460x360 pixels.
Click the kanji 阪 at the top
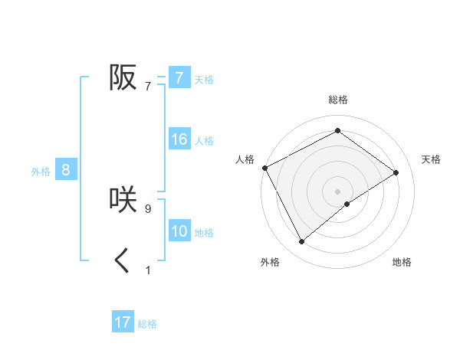(x=123, y=77)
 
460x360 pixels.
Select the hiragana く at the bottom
(x=123, y=261)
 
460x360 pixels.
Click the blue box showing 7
(x=179, y=77)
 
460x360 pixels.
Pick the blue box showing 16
(x=179, y=139)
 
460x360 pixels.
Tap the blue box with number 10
(x=179, y=231)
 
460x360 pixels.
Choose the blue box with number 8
(x=66, y=170)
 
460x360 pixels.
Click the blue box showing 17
(x=123, y=322)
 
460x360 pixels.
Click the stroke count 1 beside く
(x=148, y=270)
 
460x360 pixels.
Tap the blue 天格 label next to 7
(x=204, y=79)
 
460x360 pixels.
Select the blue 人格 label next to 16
(x=204, y=141)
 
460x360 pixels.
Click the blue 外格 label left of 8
(x=41, y=172)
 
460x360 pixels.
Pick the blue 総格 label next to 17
(x=147, y=324)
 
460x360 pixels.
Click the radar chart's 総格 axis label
(x=337, y=100)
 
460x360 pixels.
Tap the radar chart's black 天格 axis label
(x=431, y=159)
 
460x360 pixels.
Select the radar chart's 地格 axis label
(x=402, y=262)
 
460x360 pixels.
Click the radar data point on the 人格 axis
(x=264, y=167)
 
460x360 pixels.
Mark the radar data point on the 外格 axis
(x=301, y=242)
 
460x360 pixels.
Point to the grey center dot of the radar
(x=337, y=191)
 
